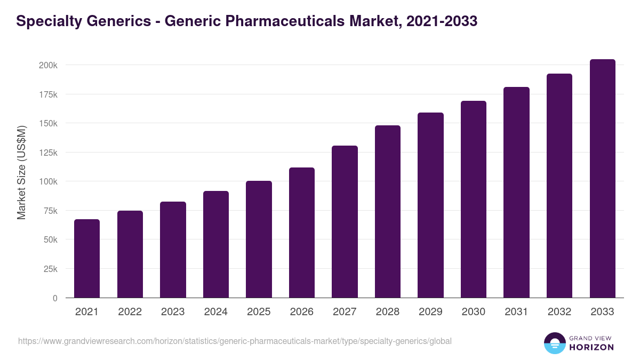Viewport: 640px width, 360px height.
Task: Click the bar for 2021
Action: [x=87, y=259]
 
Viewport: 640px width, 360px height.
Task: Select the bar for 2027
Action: [x=345, y=222]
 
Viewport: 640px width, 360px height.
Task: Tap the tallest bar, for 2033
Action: [x=602, y=179]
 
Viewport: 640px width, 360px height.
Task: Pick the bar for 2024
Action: [x=216, y=244]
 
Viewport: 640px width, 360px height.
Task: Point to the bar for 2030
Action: [x=474, y=199]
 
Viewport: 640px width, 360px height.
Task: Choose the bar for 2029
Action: [x=430, y=205]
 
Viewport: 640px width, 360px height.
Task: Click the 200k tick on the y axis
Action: [x=47, y=65]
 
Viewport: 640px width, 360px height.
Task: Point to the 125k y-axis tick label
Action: [x=47, y=153]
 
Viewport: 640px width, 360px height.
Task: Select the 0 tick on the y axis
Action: [x=55, y=298]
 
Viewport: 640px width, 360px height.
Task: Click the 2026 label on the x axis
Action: [x=302, y=312]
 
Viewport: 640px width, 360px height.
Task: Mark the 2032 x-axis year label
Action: [x=559, y=312]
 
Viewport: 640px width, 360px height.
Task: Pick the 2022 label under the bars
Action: [x=130, y=312]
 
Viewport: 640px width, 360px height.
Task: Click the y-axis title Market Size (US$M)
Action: [x=21, y=173]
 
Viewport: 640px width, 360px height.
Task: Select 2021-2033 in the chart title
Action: [x=441, y=21]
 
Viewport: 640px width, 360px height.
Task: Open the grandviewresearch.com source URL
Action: [x=235, y=341]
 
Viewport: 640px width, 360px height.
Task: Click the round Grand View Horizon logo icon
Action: [x=554, y=343]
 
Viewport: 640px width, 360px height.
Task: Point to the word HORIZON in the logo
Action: [x=591, y=347]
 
